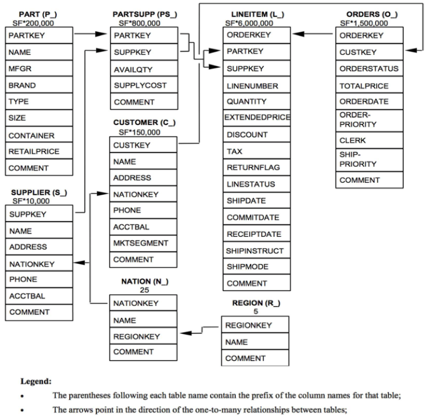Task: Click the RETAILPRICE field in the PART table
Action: [34, 152]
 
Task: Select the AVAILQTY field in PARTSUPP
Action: [133, 69]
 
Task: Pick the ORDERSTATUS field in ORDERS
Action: [369, 69]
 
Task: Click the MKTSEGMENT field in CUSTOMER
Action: [141, 242]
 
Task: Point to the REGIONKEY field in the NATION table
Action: [137, 336]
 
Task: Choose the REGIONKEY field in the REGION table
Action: [249, 325]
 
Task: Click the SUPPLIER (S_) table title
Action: [39, 193]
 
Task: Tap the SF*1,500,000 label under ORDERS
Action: [364, 23]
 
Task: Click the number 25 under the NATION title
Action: [144, 290]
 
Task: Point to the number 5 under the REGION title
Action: [255, 311]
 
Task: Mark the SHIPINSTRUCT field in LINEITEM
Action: [255, 251]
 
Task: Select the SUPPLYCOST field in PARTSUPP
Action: [140, 85]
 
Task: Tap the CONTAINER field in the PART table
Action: [32, 136]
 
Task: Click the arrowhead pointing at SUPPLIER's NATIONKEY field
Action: [81, 263]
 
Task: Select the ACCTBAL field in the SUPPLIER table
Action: [27, 296]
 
